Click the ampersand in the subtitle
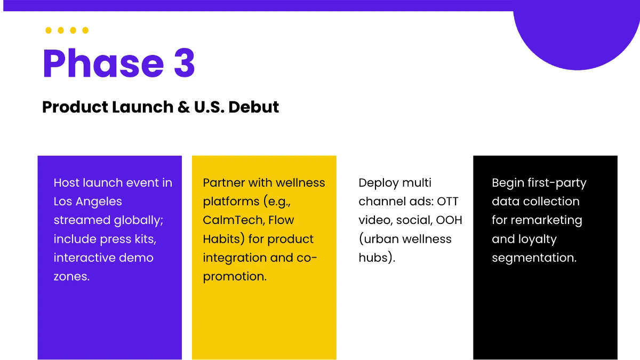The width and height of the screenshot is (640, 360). point(169,107)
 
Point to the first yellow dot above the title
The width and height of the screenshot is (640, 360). point(49,30)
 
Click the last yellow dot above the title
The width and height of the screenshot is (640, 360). point(85,30)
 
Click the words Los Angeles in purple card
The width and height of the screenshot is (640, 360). point(87,202)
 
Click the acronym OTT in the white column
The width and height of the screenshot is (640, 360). point(447,202)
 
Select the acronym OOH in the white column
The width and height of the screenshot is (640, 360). point(449,220)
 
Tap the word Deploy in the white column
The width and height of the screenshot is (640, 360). point(379,183)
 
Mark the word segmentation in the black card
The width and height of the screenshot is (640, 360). point(533,258)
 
